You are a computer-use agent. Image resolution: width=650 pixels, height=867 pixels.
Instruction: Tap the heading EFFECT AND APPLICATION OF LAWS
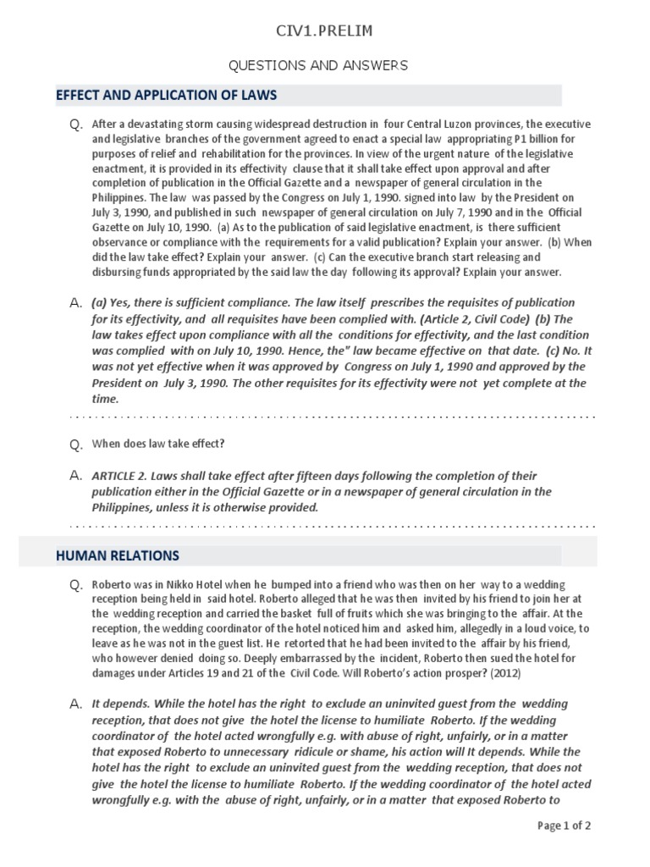click(x=166, y=95)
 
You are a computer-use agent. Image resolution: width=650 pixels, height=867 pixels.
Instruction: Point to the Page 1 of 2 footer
click(x=565, y=826)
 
